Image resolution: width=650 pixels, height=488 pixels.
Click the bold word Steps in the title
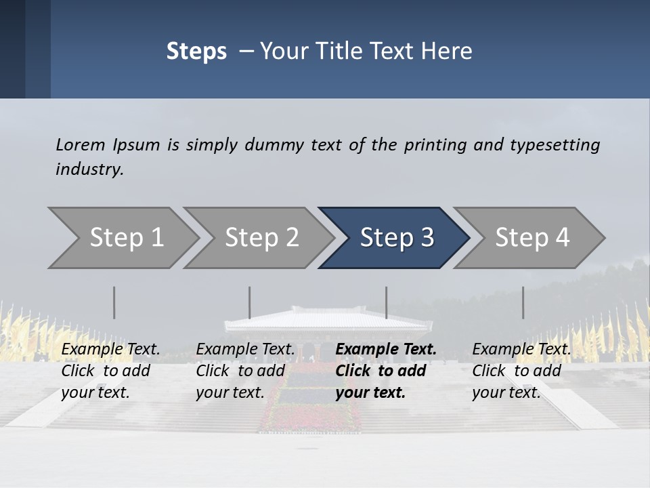pos(196,52)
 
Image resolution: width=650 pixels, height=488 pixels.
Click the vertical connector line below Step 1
pos(114,302)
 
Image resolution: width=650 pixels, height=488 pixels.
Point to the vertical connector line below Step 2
pos(250,302)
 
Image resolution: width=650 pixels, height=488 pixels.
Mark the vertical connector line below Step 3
pos(386,302)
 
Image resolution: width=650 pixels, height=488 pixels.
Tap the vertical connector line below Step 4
pos(523,302)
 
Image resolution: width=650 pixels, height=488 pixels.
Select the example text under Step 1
pos(110,371)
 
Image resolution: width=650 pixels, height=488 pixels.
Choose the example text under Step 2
pos(245,371)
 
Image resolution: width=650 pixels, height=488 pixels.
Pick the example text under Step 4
pos(521,371)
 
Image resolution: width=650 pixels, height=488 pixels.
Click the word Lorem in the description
pos(81,145)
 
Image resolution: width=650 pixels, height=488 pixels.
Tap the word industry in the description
pos(89,169)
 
